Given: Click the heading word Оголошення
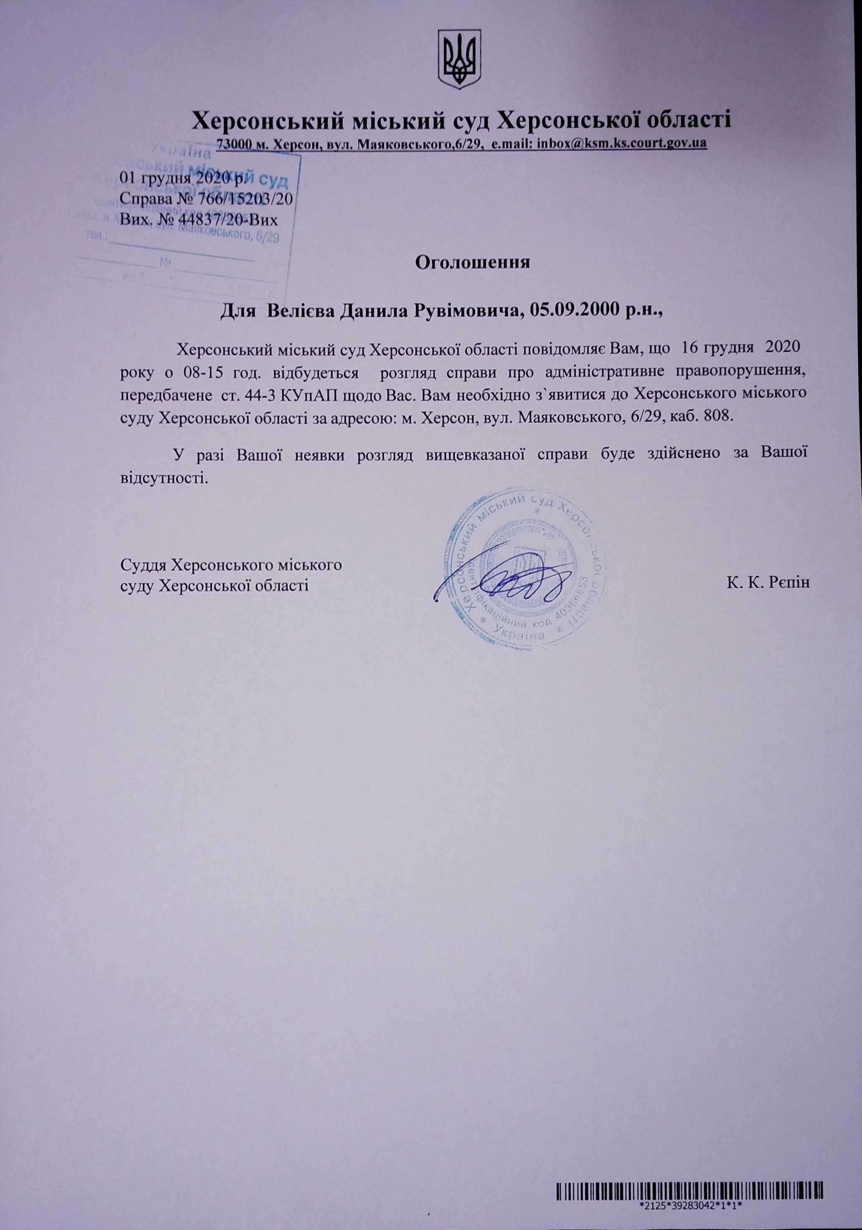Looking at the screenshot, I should pyautogui.click(x=473, y=263).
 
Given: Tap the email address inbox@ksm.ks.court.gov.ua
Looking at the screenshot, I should pyautogui.click(x=621, y=143).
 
